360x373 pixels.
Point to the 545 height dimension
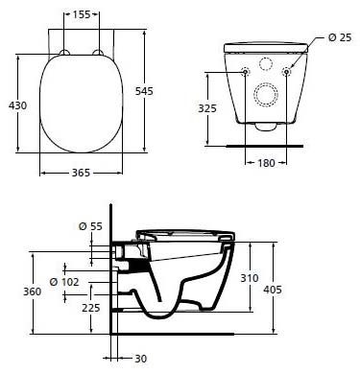click(160, 90)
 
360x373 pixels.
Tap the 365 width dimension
click(81, 173)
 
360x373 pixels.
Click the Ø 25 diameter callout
click(339, 37)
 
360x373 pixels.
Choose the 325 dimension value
click(221, 108)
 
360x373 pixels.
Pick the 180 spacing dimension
click(269, 163)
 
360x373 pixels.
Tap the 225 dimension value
click(90, 308)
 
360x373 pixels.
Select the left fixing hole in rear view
click(247, 72)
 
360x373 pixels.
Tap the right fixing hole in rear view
click(289, 72)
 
